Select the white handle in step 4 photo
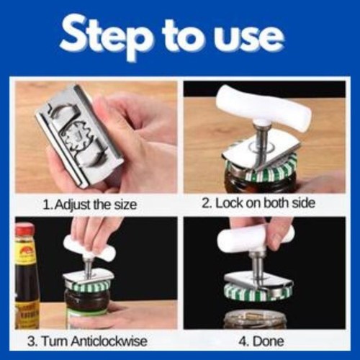[x=256, y=238]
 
